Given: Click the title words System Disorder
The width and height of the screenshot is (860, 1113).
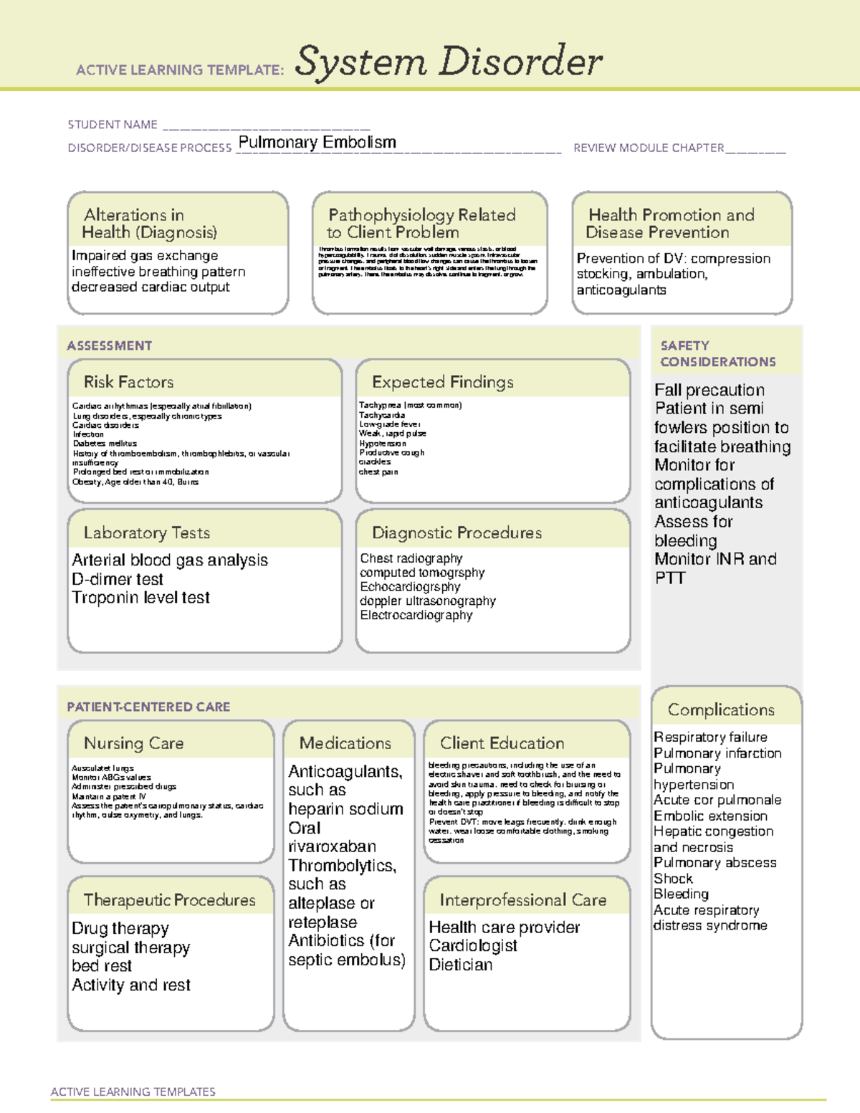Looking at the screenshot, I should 449,62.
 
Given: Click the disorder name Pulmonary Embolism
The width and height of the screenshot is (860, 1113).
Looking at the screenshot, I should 317,142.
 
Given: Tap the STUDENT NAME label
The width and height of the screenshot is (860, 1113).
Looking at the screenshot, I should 113,125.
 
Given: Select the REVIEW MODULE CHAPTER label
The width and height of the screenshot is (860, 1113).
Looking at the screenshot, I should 649,148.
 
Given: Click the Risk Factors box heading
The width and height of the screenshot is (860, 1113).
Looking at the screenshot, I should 128,382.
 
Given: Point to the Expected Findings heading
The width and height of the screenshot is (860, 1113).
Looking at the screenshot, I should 442,382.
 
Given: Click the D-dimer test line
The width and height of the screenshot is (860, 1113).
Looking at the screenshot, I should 118,579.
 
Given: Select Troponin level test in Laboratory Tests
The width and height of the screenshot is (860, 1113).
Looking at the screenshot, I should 140,598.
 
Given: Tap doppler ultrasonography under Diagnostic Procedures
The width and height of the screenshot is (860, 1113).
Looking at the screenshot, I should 427,601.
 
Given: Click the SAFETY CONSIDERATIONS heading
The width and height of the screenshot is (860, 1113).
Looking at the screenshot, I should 717,354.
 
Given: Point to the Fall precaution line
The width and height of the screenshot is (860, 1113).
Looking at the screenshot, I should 709,390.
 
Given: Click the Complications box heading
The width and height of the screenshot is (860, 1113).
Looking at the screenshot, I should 721,710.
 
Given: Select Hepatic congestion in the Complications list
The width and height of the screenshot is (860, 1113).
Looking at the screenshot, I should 713,831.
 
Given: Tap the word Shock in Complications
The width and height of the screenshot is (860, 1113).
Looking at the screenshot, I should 673,879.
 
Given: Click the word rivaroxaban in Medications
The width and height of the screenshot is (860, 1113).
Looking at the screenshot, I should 332,846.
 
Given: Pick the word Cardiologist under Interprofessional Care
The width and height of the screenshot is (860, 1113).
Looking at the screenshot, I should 473,946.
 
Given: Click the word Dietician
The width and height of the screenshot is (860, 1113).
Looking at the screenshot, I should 460,965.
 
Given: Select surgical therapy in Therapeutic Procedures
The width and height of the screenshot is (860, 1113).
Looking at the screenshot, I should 130,947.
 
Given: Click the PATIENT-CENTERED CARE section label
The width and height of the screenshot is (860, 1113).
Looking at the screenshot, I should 148,707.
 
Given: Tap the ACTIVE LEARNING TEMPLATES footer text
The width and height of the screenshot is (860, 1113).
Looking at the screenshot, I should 133,1091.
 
